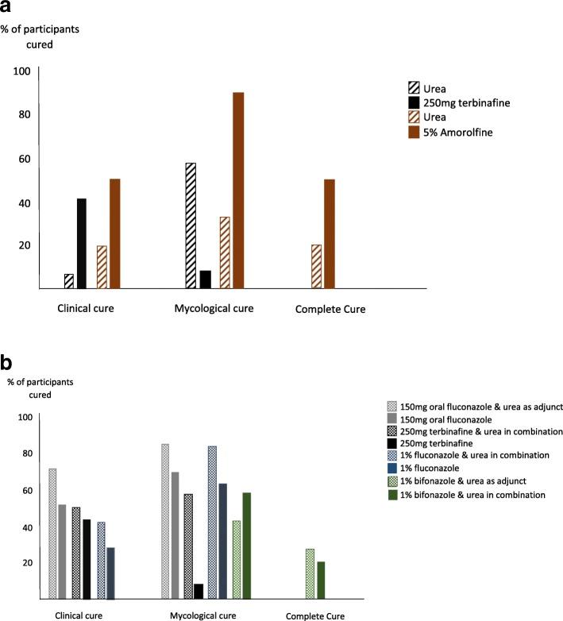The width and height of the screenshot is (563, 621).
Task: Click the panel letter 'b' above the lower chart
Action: [x=10, y=363]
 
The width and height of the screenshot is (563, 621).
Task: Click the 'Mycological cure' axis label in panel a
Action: [x=213, y=308]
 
